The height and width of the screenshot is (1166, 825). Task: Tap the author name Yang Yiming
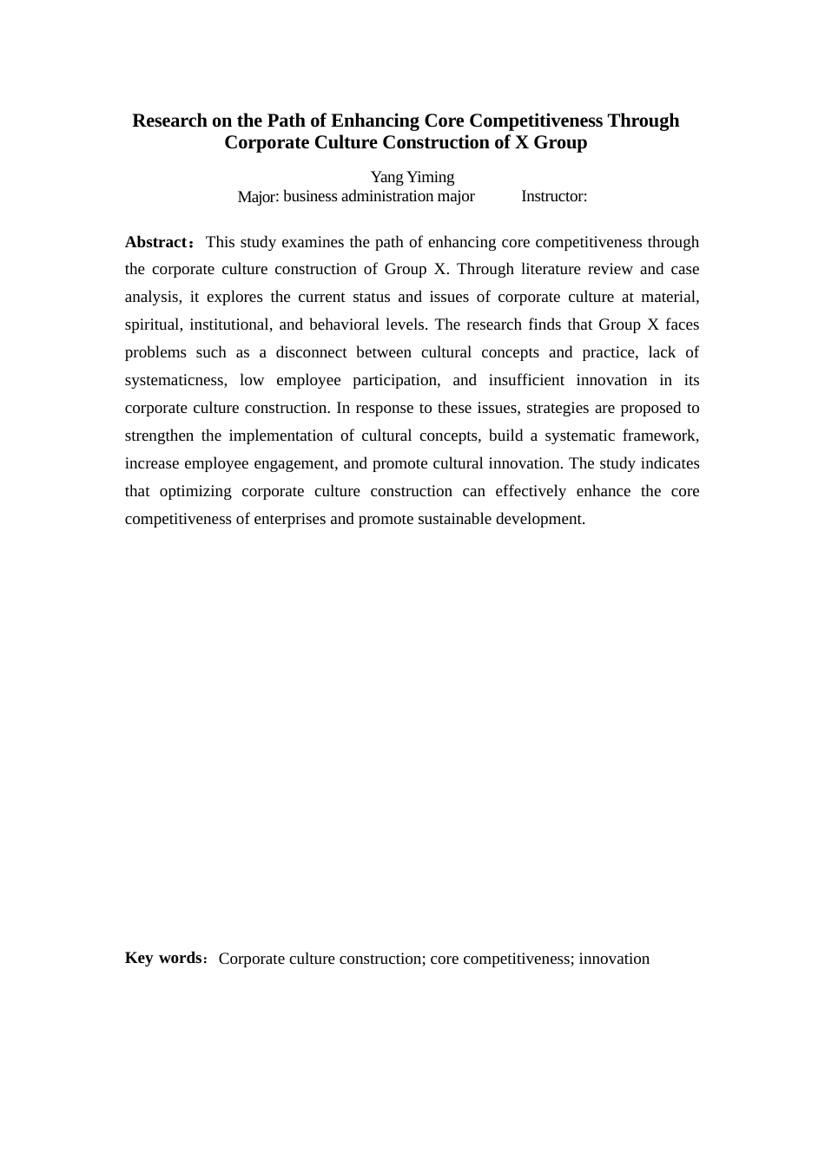412,177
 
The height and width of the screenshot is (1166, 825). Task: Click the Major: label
258,197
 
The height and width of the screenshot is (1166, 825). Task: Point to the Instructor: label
554,196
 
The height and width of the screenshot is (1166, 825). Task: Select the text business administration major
379,196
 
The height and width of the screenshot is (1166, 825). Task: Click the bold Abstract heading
156,242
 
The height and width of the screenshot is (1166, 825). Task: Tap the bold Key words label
163,958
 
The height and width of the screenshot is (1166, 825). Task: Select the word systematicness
175,380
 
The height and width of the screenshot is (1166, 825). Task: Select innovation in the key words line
614,959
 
